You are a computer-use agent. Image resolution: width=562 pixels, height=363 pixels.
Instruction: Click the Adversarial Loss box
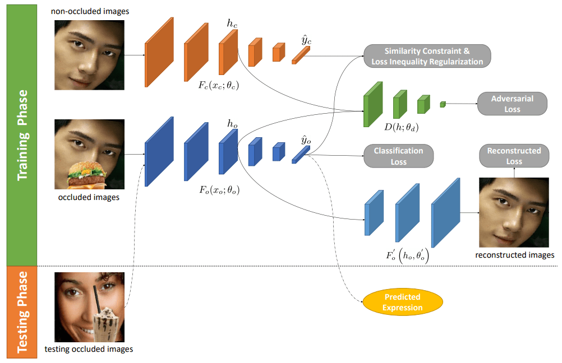(x=512, y=104)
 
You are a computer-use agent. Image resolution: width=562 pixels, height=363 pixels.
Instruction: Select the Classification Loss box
(x=398, y=156)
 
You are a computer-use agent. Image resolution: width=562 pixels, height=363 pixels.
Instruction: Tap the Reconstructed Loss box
(x=514, y=156)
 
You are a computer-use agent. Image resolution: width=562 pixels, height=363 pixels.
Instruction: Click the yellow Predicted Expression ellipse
(x=402, y=302)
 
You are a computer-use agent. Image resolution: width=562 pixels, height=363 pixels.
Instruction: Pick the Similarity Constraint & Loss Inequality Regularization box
(x=427, y=56)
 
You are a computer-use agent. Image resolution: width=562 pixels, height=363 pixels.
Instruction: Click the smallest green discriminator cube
(x=443, y=104)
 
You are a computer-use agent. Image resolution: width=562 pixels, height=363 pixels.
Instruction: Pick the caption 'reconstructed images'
(x=514, y=255)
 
